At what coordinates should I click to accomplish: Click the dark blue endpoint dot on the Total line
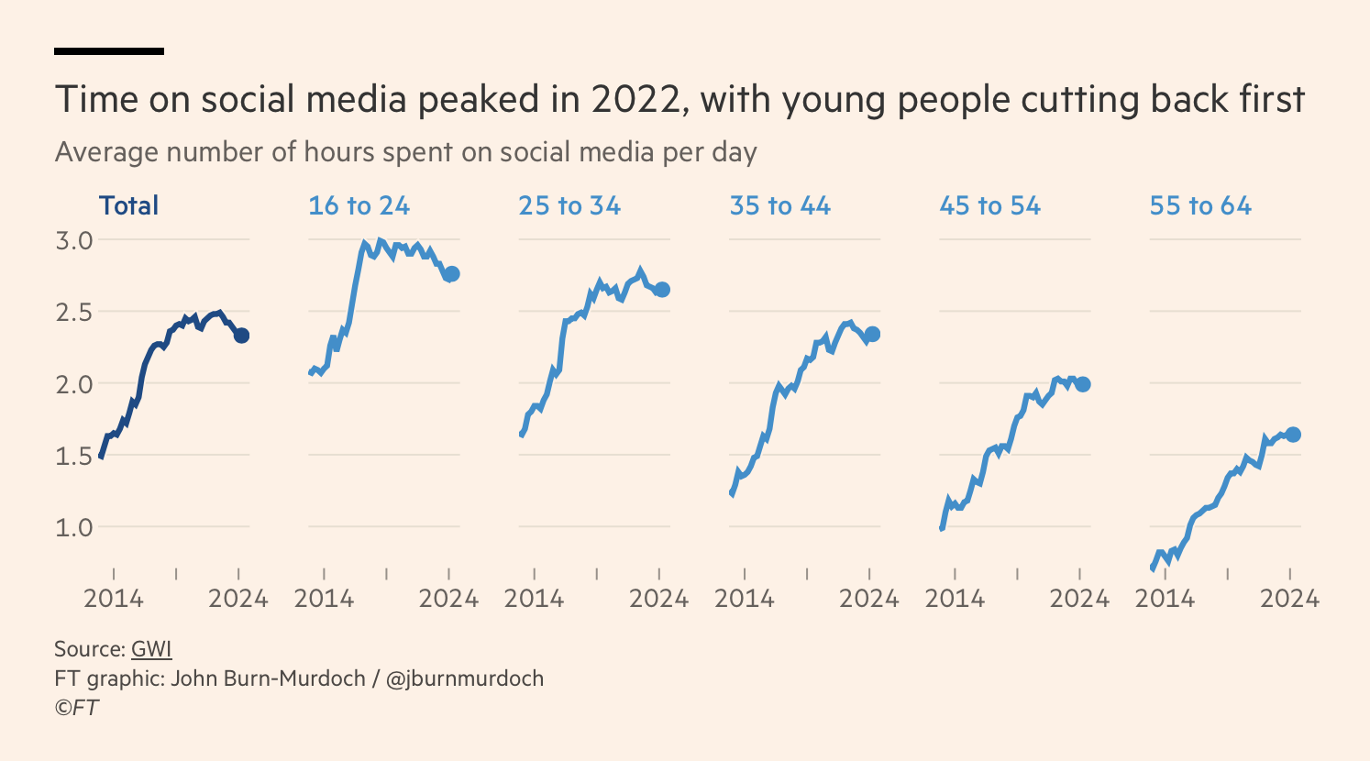click(x=241, y=336)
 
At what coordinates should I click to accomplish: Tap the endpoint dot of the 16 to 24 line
click(x=451, y=274)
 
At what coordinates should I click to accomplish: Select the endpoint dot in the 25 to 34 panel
click(x=662, y=290)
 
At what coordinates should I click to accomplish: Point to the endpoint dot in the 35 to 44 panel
click(x=872, y=335)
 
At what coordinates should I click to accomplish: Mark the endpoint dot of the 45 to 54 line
click(x=1083, y=384)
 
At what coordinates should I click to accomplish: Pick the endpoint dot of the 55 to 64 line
click(x=1293, y=435)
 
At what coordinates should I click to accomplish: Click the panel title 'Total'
click(x=128, y=205)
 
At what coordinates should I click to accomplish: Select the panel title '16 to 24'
click(x=359, y=205)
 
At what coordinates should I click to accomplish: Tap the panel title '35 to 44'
click(x=779, y=205)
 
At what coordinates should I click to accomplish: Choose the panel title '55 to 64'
click(x=1200, y=205)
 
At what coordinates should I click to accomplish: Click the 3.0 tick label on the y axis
click(x=74, y=240)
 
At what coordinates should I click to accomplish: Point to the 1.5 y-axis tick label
click(x=74, y=456)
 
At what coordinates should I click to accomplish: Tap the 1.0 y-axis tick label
click(x=74, y=527)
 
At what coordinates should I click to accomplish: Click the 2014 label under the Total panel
click(x=114, y=599)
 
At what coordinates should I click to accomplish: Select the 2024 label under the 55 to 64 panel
click(x=1289, y=599)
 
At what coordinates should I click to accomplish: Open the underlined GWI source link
click(x=151, y=649)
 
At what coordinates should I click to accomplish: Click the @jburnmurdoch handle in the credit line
click(x=465, y=678)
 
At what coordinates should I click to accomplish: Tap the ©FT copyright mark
click(x=76, y=708)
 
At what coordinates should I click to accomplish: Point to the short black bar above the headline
click(x=109, y=51)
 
